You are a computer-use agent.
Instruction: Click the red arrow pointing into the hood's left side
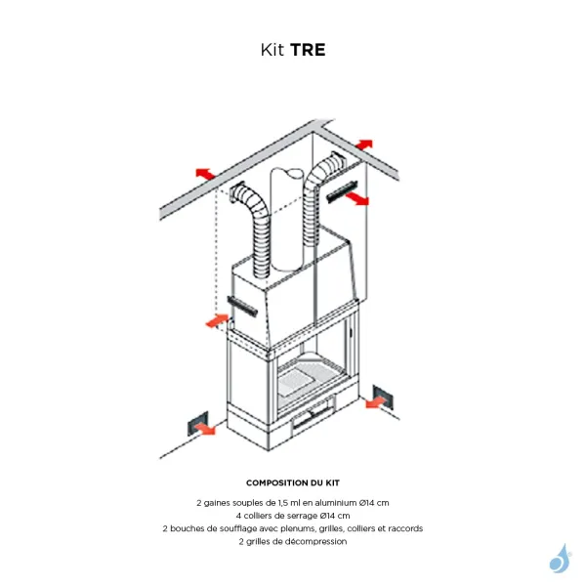pyautogui.click(x=217, y=318)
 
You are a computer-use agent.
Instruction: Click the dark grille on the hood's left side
pyautogui.click(x=243, y=305)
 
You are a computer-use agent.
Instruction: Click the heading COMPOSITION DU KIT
pyautogui.click(x=293, y=482)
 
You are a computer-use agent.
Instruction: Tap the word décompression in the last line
pyautogui.click(x=317, y=541)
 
